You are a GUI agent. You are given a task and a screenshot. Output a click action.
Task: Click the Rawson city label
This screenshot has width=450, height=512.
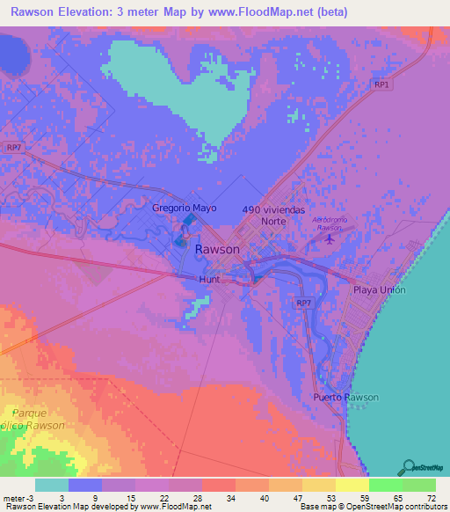(x=215, y=249)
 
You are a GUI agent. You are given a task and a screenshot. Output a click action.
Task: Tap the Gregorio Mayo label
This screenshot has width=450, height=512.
(x=185, y=208)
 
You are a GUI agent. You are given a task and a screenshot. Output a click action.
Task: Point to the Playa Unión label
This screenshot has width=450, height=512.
(x=379, y=289)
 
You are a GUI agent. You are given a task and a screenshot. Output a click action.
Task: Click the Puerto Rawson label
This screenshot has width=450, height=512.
(x=345, y=397)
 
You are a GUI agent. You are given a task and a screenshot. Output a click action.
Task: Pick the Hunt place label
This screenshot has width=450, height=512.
(x=209, y=279)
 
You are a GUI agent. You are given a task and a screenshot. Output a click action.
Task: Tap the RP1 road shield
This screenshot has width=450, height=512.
(x=381, y=84)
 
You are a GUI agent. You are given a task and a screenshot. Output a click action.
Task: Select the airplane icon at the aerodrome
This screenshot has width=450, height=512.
(x=330, y=238)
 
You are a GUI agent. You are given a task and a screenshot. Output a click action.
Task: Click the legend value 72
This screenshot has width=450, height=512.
(x=430, y=496)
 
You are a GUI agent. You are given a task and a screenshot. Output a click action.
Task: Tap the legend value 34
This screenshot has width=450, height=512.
(x=230, y=496)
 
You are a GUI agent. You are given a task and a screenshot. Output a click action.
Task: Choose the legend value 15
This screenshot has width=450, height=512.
(x=130, y=496)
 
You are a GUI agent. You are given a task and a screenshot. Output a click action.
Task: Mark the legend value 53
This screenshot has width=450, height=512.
(x=330, y=496)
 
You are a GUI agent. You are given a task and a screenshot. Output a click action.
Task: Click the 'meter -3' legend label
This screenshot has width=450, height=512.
(x=18, y=496)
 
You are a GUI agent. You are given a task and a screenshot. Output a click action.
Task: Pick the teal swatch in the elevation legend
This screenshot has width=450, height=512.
(x=52, y=485)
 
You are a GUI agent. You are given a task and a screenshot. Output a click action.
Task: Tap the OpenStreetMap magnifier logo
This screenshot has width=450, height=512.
(x=409, y=467)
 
